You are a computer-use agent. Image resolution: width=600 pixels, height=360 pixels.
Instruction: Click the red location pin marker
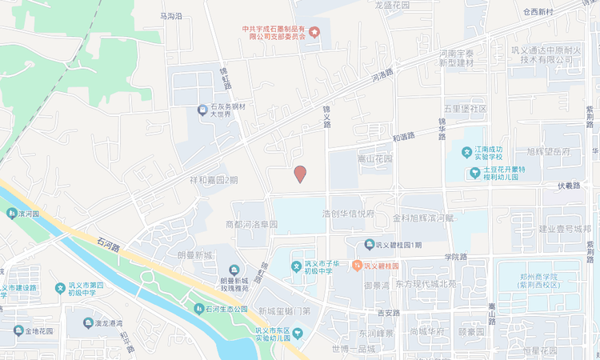pos(300,174)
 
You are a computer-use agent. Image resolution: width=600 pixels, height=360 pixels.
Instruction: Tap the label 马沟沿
pos(171,16)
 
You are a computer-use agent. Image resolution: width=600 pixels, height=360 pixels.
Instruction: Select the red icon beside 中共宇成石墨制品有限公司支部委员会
pos(314,33)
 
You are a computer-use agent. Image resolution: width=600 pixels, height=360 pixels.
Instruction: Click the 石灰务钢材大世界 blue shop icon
pos(203,110)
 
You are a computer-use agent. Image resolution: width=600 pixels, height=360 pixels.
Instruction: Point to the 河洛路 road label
pos(382,77)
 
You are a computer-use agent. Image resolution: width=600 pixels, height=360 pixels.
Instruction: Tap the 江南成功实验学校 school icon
pos(466,151)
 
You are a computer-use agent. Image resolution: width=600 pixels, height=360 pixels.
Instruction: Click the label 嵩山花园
pos(375,158)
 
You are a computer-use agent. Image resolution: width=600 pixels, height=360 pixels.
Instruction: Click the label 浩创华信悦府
pos(347,214)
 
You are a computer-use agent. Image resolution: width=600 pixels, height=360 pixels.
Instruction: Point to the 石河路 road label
pos(108,241)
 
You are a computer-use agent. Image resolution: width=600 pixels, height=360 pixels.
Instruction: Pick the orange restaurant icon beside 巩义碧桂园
pos(357,265)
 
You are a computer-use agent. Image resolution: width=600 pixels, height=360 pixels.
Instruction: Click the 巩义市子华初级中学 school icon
pos(296,266)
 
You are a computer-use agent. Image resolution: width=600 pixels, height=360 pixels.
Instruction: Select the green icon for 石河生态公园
pos(198,309)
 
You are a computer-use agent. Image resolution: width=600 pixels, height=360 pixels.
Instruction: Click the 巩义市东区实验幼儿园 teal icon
pos(298,332)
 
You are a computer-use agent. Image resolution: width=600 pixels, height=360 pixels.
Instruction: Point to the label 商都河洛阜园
pos(251,225)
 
